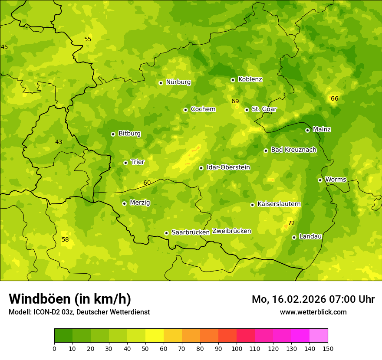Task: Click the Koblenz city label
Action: click(250, 79)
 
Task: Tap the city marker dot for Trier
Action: click(126, 163)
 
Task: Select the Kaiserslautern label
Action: click(279, 204)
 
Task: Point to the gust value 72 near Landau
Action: click(291, 223)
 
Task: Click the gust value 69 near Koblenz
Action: click(235, 101)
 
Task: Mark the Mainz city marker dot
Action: click(307, 130)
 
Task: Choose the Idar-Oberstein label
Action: click(228, 167)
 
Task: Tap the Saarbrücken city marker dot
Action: click(166, 233)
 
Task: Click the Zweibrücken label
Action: click(231, 231)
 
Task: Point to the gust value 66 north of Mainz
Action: click(334, 98)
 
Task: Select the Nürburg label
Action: click(178, 82)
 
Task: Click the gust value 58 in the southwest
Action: click(65, 239)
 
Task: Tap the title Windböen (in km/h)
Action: click(70, 299)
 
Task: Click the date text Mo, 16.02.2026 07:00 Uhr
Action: click(313, 299)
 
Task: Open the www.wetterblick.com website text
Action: click(313, 312)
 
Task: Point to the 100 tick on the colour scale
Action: click(237, 348)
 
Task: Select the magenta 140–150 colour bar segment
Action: click(319, 336)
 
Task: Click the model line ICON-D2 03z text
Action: click(79, 312)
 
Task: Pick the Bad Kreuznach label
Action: click(293, 150)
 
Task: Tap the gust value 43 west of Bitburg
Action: click(59, 142)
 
